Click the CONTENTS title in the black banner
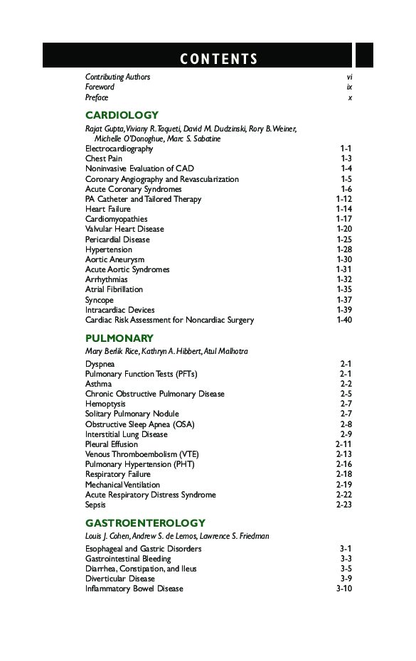pos(219,59)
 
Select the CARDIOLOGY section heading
pos(122,115)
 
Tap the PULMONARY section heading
pos(119,338)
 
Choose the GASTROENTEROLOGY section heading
pos(145,523)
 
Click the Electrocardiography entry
pos(119,149)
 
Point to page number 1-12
pos(343,199)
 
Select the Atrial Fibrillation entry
pos(114,289)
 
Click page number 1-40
pos(343,320)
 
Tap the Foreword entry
pos(100,87)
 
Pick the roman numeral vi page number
pos(349,77)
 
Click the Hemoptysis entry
pos(105,404)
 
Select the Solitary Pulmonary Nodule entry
pos(132,414)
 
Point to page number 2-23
pos(343,505)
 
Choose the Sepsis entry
pos(95,505)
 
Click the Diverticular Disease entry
pos(119,579)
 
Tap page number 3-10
pos(343,589)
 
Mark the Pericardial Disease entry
pos(117,240)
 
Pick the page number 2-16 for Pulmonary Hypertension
pos(343,464)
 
